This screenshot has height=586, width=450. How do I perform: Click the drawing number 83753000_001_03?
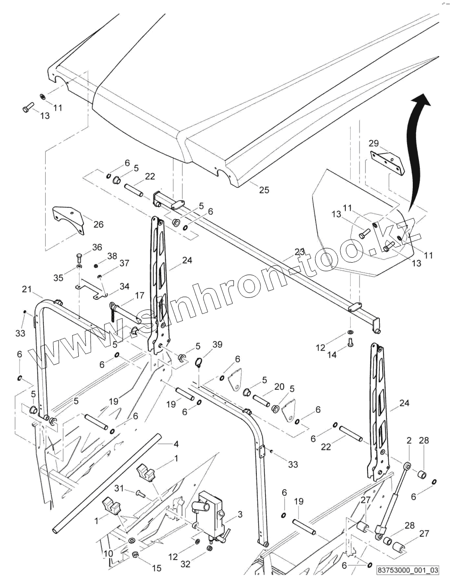tap(408, 570)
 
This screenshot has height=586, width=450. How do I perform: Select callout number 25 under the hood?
tap(264, 190)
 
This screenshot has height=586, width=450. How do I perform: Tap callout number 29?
tap(373, 143)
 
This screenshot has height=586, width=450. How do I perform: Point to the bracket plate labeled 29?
tap(387, 162)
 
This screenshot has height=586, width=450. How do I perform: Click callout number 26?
tap(98, 224)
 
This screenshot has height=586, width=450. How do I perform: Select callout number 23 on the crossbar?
tap(300, 252)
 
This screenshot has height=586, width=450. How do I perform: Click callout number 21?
tap(26, 289)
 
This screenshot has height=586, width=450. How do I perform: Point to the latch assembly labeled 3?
tap(210, 515)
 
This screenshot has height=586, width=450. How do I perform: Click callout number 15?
tap(156, 568)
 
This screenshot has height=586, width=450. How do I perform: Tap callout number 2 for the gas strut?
tap(409, 441)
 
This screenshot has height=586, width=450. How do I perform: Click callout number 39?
tap(217, 345)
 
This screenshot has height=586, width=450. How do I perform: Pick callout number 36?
tap(97, 247)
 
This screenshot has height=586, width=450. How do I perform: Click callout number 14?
tap(332, 355)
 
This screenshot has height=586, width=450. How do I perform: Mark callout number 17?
tap(139, 296)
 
